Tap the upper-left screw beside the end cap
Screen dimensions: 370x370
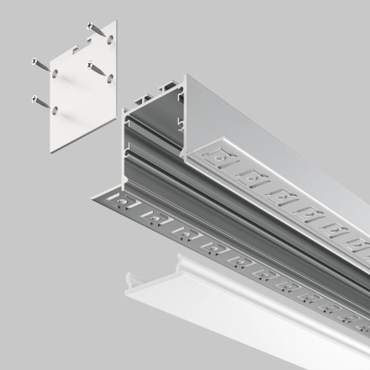tap(41, 63)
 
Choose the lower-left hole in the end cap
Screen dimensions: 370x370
tap(53, 109)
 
